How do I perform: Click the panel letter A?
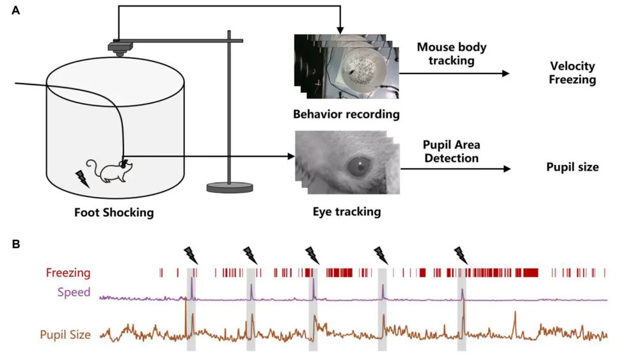(16, 12)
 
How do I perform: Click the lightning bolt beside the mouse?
(82, 178)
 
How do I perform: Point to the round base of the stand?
(230, 187)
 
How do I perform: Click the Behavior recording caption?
(346, 115)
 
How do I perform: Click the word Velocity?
(573, 67)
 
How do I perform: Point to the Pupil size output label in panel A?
(572, 168)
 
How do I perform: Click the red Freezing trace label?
(67, 273)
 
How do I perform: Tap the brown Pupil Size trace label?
(65, 334)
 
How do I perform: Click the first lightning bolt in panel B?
(191, 255)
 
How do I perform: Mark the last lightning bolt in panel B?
(461, 255)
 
